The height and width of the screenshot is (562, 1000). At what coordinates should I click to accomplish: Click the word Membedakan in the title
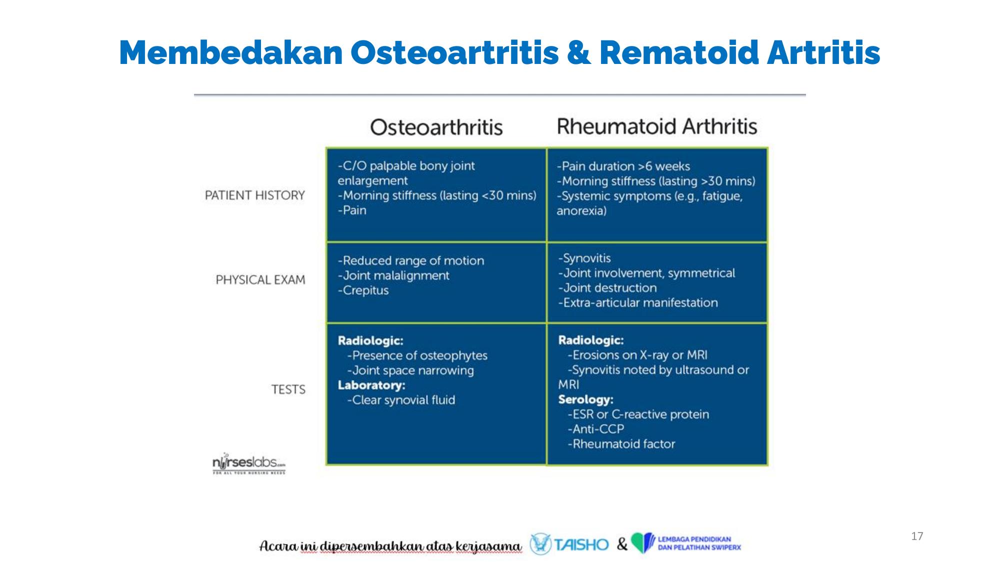(x=231, y=52)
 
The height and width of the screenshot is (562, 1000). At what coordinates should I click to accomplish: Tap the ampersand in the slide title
(x=578, y=53)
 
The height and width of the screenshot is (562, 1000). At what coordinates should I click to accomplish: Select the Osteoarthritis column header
(x=436, y=127)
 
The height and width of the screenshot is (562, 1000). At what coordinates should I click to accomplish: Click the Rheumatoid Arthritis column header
(x=657, y=126)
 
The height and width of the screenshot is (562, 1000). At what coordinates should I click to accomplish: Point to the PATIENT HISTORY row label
(x=255, y=195)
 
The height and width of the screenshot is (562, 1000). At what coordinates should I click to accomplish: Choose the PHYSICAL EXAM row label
(x=260, y=280)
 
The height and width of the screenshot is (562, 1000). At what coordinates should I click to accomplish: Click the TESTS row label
(x=288, y=389)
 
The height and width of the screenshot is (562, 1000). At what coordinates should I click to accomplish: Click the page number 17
(x=917, y=536)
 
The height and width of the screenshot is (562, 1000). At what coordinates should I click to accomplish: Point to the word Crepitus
(x=363, y=290)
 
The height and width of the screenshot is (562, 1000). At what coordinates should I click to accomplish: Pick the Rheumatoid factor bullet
(x=621, y=444)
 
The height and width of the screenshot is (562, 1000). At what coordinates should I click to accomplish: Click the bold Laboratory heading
(x=371, y=385)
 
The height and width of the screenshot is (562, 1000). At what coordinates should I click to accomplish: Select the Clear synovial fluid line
(x=401, y=400)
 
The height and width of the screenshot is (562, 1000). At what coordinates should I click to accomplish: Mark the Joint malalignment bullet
(x=393, y=276)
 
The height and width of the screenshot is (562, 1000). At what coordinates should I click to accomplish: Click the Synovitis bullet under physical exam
(x=584, y=258)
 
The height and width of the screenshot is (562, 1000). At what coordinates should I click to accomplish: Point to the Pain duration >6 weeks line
(x=623, y=166)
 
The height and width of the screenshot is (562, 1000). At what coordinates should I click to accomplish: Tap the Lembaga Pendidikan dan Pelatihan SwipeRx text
(x=699, y=543)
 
